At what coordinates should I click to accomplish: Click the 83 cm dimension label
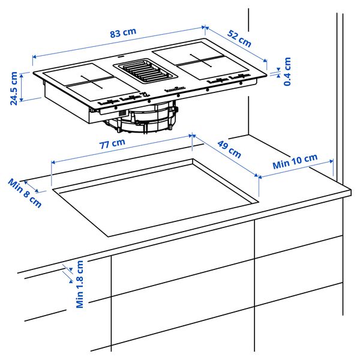pyautogui.click(x=123, y=34)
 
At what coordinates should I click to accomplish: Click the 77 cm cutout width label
pyautogui.click(x=112, y=143)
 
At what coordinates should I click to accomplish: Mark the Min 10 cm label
pyautogui.click(x=295, y=160)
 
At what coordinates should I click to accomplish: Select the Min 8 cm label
pyautogui.click(x=25, y=192)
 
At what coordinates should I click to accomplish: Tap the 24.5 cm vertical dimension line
pyautogui.click(x=22, y=87)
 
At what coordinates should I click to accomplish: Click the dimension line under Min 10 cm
pyautogui.click(x=295, y=169)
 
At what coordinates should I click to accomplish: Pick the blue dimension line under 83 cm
pyautogui.click(x=120, y=42)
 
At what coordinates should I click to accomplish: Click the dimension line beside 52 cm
pyautogui.click(x=237, y=44)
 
